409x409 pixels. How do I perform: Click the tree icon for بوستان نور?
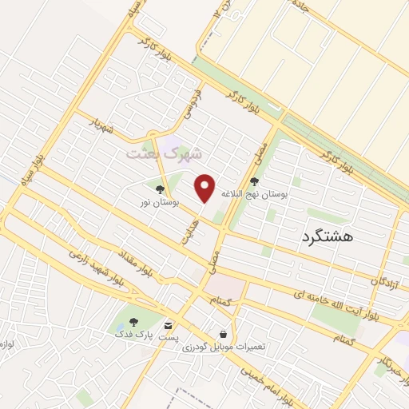161,189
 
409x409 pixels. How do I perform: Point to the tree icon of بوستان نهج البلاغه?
255,181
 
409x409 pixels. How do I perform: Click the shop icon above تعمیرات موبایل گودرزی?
223,334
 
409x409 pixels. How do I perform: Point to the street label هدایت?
185,229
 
